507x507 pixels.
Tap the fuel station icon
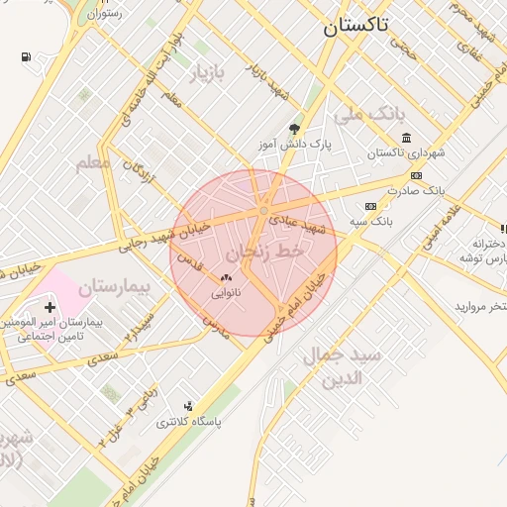(25, 56)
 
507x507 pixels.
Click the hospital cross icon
(51, 309)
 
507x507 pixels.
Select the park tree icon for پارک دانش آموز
(294, 129)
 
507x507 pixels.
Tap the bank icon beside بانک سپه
(370, 206)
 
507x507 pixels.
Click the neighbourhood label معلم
(92, 161)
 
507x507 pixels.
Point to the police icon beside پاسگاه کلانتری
(188, 406)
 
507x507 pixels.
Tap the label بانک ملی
(371, 116)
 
